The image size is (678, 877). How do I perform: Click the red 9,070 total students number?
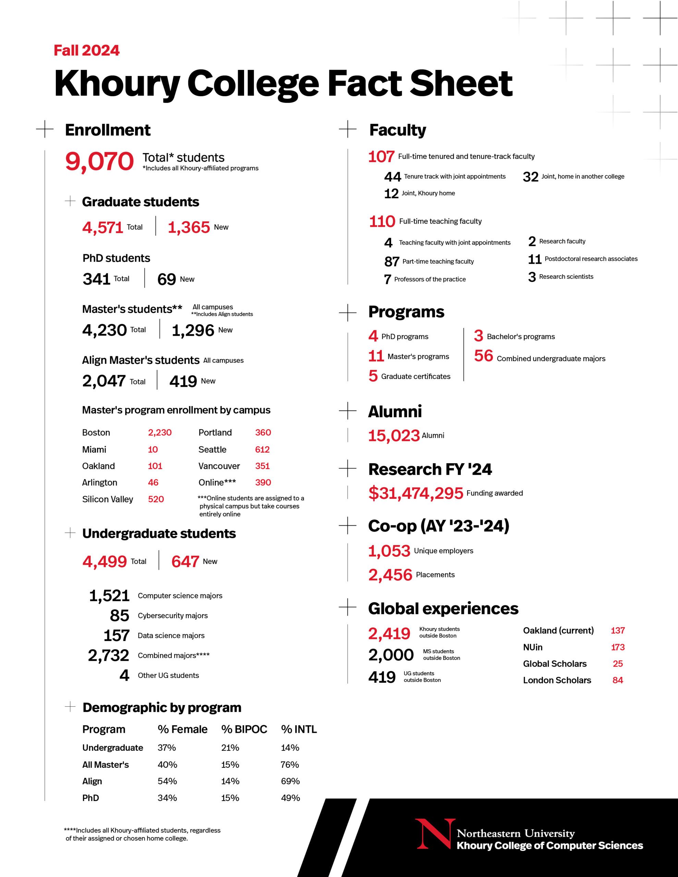coord(99,161)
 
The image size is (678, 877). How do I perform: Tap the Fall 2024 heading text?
coord(86,51)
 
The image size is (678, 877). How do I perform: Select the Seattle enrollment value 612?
coord(262,449)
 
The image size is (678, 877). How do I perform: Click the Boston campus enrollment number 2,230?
coord(159,432)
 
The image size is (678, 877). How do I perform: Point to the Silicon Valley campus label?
coord(107,499)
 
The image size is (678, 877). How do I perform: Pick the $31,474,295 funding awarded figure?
coord(415,493)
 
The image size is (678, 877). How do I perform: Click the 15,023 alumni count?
coord(394,436)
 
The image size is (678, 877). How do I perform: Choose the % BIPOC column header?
coord(244,729)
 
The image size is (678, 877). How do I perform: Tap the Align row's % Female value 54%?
coord(167,781)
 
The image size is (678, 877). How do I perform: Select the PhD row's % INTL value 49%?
coord(290,798)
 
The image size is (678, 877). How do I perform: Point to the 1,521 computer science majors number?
coord(109,596)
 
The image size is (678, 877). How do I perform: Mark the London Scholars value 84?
coord(617,680)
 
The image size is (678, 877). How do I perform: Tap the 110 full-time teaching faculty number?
coord(382,222)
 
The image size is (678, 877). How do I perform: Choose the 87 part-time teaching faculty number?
coord(391,262)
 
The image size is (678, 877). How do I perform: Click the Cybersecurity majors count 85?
coord(119,616)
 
